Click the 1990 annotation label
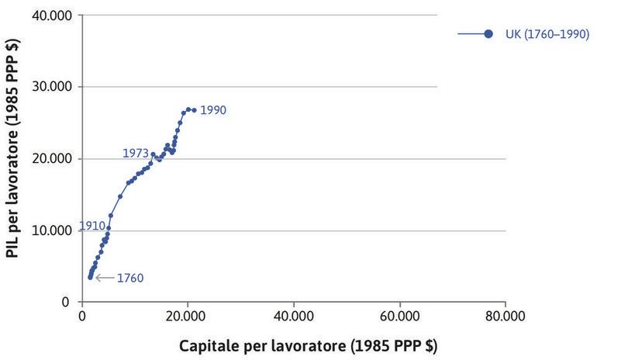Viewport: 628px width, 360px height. [x=212, y=110]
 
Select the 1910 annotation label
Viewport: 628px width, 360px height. [x=91, y=226]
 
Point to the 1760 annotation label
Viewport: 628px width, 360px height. [x=129, y=278]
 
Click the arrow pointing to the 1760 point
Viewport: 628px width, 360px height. [x=103, y=277]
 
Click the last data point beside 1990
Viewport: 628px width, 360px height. [x=194, y=110]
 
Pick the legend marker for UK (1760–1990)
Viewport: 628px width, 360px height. [x=488, y=33]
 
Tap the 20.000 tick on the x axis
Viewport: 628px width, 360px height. [x=187, y=316]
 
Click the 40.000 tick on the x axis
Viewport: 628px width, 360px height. [x=293, y=316]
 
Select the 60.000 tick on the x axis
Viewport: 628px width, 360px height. [x=399, y=316]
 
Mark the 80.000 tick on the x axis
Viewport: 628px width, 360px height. [x=506, y=316]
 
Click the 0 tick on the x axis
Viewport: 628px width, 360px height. [x=81, y=316]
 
